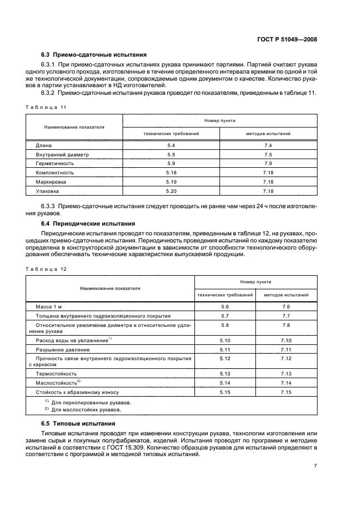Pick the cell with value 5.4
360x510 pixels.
(171, 145)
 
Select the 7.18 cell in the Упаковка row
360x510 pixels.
(268, 191)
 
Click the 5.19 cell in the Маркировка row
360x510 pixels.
(171, 182)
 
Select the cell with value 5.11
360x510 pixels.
(225, 349)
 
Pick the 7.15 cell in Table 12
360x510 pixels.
(286, 392)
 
